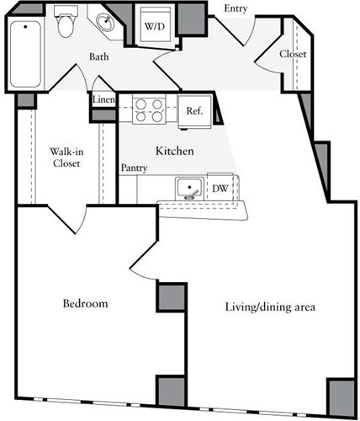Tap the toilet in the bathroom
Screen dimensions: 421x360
click(x=66, y=26)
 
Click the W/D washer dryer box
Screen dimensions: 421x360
click(x=155, y=26)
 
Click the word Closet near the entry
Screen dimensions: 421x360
click(x=291, y=54)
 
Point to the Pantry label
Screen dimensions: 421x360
click(x=134, y=168)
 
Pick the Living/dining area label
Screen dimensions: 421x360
click(x=270, y=306)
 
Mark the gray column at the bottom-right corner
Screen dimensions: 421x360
click(x=340, y=394)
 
